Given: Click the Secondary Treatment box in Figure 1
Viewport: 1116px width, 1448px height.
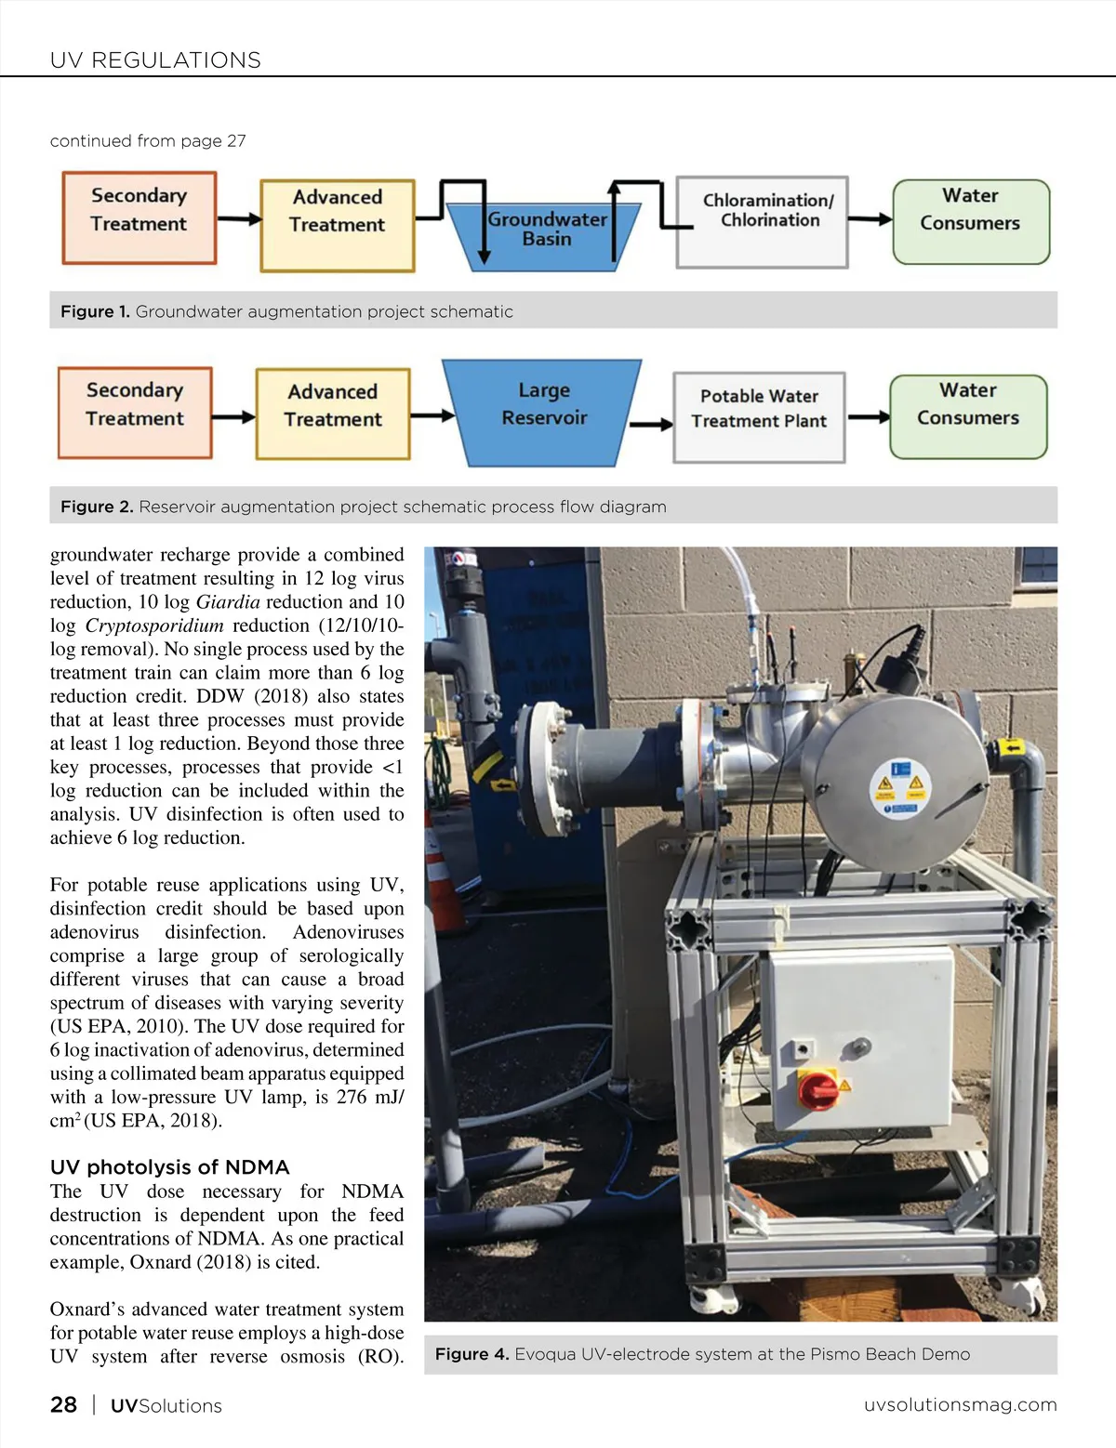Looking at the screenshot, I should point(139,217).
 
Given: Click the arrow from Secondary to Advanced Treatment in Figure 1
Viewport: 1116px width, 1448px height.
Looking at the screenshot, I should point(239,219).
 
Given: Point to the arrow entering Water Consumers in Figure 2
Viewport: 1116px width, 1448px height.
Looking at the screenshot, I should point(869,417).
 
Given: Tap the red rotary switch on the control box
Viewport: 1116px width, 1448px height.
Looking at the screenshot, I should point(818,1088).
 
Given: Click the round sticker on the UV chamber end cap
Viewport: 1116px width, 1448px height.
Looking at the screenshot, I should point(900,789).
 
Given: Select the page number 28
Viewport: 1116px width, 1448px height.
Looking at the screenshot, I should point(63,1404).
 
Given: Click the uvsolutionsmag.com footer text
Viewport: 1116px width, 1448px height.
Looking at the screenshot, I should point(960,1404).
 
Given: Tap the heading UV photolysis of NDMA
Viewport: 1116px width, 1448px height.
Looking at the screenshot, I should point(169,1166).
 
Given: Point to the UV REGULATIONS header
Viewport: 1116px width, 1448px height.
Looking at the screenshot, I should point(155,60).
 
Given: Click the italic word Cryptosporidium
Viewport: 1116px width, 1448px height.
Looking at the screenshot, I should point(154,625).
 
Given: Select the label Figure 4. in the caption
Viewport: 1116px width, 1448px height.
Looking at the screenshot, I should point(472,1354).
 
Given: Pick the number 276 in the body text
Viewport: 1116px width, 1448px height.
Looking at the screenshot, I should point(351,1097).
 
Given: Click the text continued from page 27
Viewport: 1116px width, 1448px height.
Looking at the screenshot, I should point(148,141).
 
